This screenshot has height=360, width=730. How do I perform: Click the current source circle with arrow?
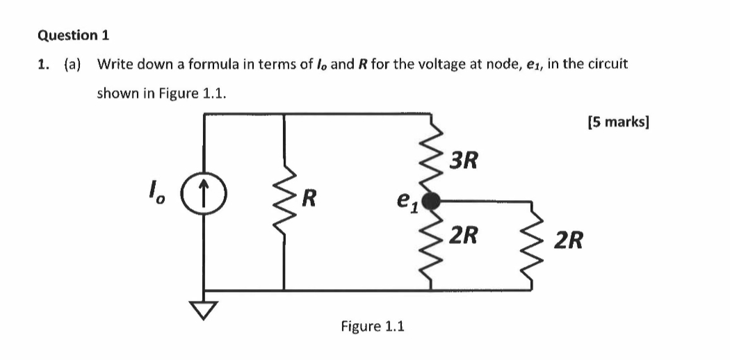point(203,188)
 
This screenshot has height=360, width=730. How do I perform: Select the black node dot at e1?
point(432,202)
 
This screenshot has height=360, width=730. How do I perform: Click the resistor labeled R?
point(284,202)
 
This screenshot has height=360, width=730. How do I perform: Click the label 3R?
point(463,161)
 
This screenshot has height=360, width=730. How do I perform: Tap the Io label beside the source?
point(156,189)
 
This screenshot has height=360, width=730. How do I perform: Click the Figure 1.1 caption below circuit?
point(372,326)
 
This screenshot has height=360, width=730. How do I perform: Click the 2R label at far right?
point(569,241)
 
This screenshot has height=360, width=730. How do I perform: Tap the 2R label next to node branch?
point(463,235)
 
